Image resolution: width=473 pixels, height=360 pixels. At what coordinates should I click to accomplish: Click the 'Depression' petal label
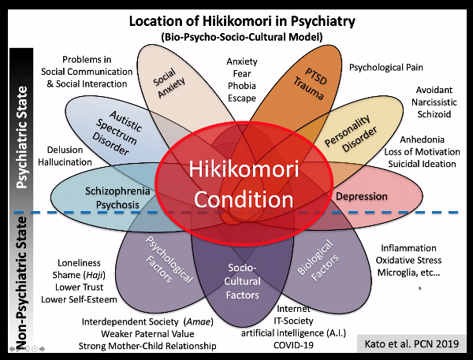point(361,195)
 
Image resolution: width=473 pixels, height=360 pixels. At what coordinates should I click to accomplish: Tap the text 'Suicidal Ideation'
point(419,163)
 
